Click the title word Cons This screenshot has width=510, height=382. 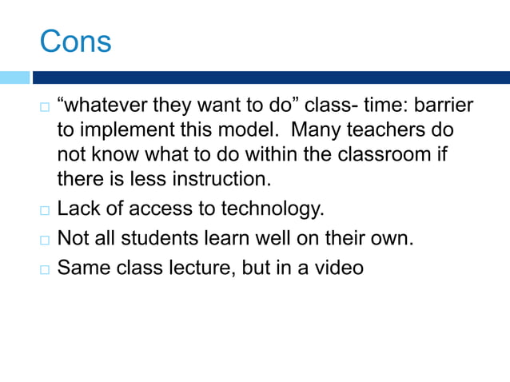pyautogui.click(x=75, y=42)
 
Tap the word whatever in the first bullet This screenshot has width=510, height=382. pyautogui.click(x=104, y=106)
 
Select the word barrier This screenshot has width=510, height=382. pyautogui.click(x=443, y=106)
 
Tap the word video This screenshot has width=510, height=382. pyautogui.click(x=340, y=266)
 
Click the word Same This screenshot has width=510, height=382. pyautogui.click(x=83, y=266)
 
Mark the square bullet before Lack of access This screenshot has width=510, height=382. pyautogui.click(x=45, y=212)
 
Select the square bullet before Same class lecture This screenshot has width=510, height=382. pyautogui.click(x=45, y=268)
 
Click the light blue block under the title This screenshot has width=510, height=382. pyautogui.click(x=14, y=78)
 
